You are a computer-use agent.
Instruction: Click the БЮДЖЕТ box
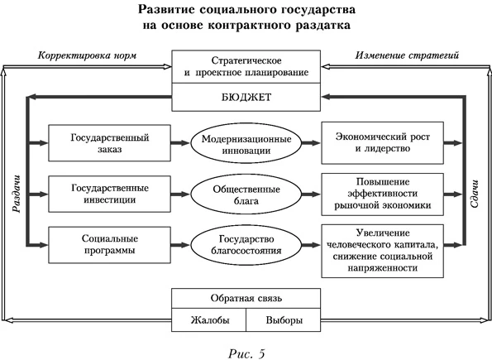click(246, 98)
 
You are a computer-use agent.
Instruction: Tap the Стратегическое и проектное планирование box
click(246, 65)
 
